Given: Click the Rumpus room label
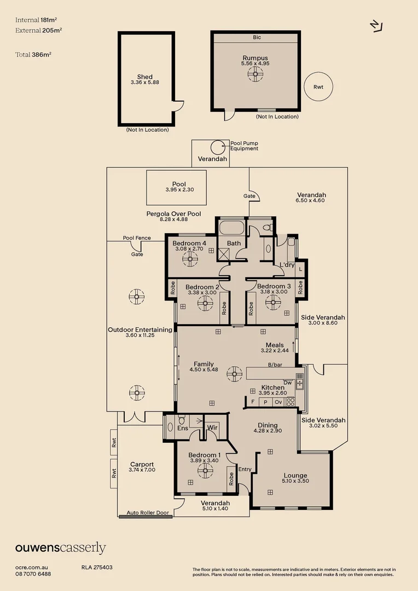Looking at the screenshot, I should click(256, 57).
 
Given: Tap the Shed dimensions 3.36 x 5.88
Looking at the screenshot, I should click(145, 83).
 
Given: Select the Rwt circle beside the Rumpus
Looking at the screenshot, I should click(318, 87).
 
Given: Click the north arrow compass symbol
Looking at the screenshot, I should click(376, 26).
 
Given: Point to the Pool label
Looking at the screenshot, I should click(179, 184).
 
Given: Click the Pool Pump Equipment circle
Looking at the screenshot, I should click(218, 147).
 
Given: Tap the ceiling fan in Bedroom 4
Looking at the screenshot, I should click(190, 258).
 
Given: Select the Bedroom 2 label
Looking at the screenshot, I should click(202, 287).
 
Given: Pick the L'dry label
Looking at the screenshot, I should click(287, 265).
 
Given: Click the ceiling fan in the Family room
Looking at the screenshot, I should click(235, 375).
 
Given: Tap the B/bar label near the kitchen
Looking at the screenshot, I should click(274, 364).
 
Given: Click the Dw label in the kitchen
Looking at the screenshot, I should click(287, 383).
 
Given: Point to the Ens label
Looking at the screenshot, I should click(183, 427).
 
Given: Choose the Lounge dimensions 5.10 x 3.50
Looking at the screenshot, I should click(295, 482).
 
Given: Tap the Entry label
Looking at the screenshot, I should click(245, 469).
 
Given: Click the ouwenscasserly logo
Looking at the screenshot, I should click(60, 548).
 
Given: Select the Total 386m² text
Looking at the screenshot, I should click(33, 55).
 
